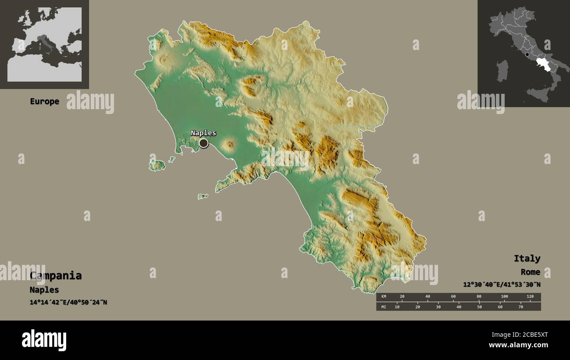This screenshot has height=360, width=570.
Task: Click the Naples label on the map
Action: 203,133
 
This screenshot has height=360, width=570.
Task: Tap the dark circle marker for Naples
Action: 203,143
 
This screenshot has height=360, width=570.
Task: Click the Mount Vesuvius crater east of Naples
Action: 229,144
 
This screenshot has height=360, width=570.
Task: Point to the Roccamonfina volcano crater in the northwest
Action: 165,59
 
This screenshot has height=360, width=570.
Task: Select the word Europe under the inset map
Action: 44,101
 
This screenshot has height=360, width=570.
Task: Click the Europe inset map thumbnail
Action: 44,44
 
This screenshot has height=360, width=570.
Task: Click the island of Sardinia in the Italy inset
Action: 502,70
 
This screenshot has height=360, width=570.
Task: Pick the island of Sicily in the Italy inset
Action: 538,94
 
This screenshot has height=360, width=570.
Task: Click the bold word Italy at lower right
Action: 527,258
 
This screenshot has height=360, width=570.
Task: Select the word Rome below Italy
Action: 530,272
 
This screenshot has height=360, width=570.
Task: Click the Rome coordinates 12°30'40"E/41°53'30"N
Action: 501,285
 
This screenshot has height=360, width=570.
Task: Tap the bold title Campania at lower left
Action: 56,276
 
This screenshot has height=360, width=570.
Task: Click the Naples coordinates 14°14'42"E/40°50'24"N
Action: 68,303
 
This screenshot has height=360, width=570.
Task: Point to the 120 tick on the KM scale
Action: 530,297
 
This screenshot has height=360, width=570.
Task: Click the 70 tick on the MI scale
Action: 520,307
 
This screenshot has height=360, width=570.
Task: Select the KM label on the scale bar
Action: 383,297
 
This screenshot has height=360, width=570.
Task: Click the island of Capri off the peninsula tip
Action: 203,196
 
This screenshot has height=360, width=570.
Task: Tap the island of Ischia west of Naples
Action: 157,165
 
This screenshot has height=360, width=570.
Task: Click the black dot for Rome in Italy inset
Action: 527,55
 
